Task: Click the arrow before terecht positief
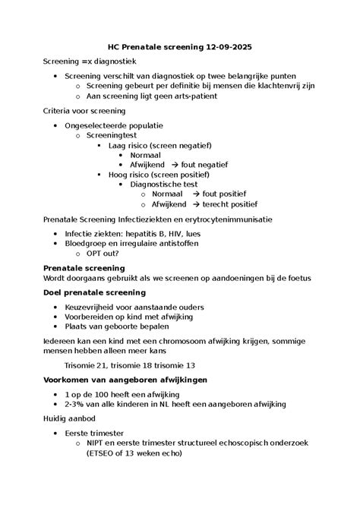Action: click(x=196, y=204)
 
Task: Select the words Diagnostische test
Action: click(x=164, y=185)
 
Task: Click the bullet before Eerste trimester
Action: click(x=56, y=433)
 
